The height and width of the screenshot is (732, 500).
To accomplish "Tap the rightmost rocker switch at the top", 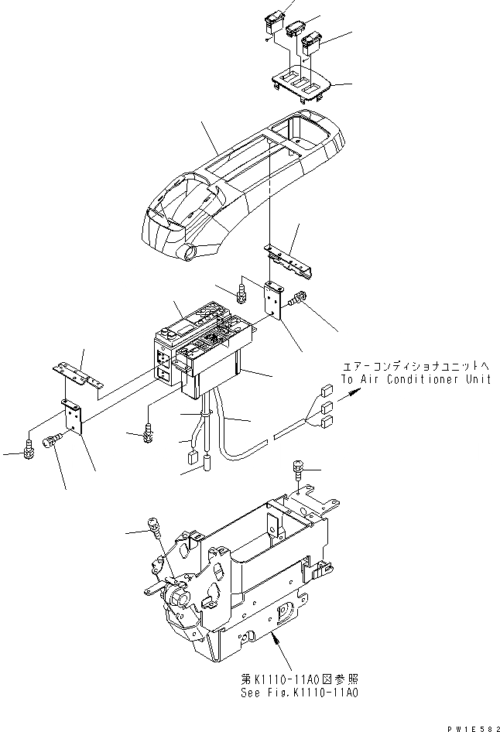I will tap(313, 43).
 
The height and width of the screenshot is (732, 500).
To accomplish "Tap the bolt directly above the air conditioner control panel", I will tap(241, 292).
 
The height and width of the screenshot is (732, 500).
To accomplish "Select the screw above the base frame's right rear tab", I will tap(298, 470).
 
